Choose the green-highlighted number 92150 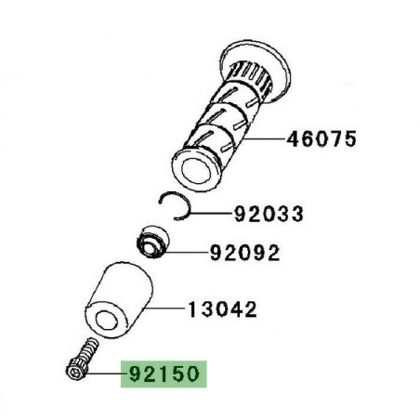(160, 375)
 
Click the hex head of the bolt (73, 374)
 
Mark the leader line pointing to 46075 (256, 140)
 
